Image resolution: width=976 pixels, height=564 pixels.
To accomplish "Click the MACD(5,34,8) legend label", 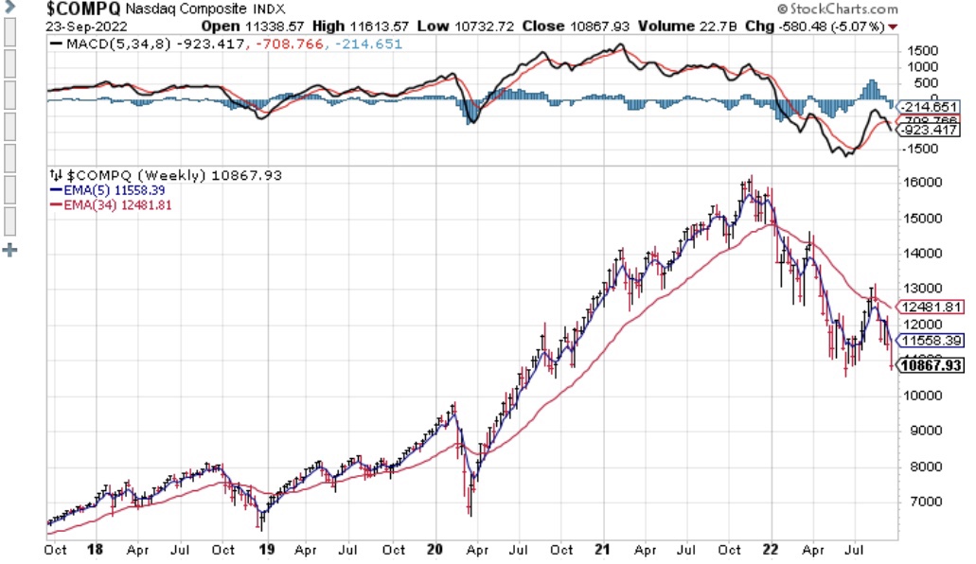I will (x=105, y=44).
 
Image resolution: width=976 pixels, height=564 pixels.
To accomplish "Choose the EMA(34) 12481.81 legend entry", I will (x=106, y=203).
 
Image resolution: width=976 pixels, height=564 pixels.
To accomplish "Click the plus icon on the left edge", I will (x=10, y=250).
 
